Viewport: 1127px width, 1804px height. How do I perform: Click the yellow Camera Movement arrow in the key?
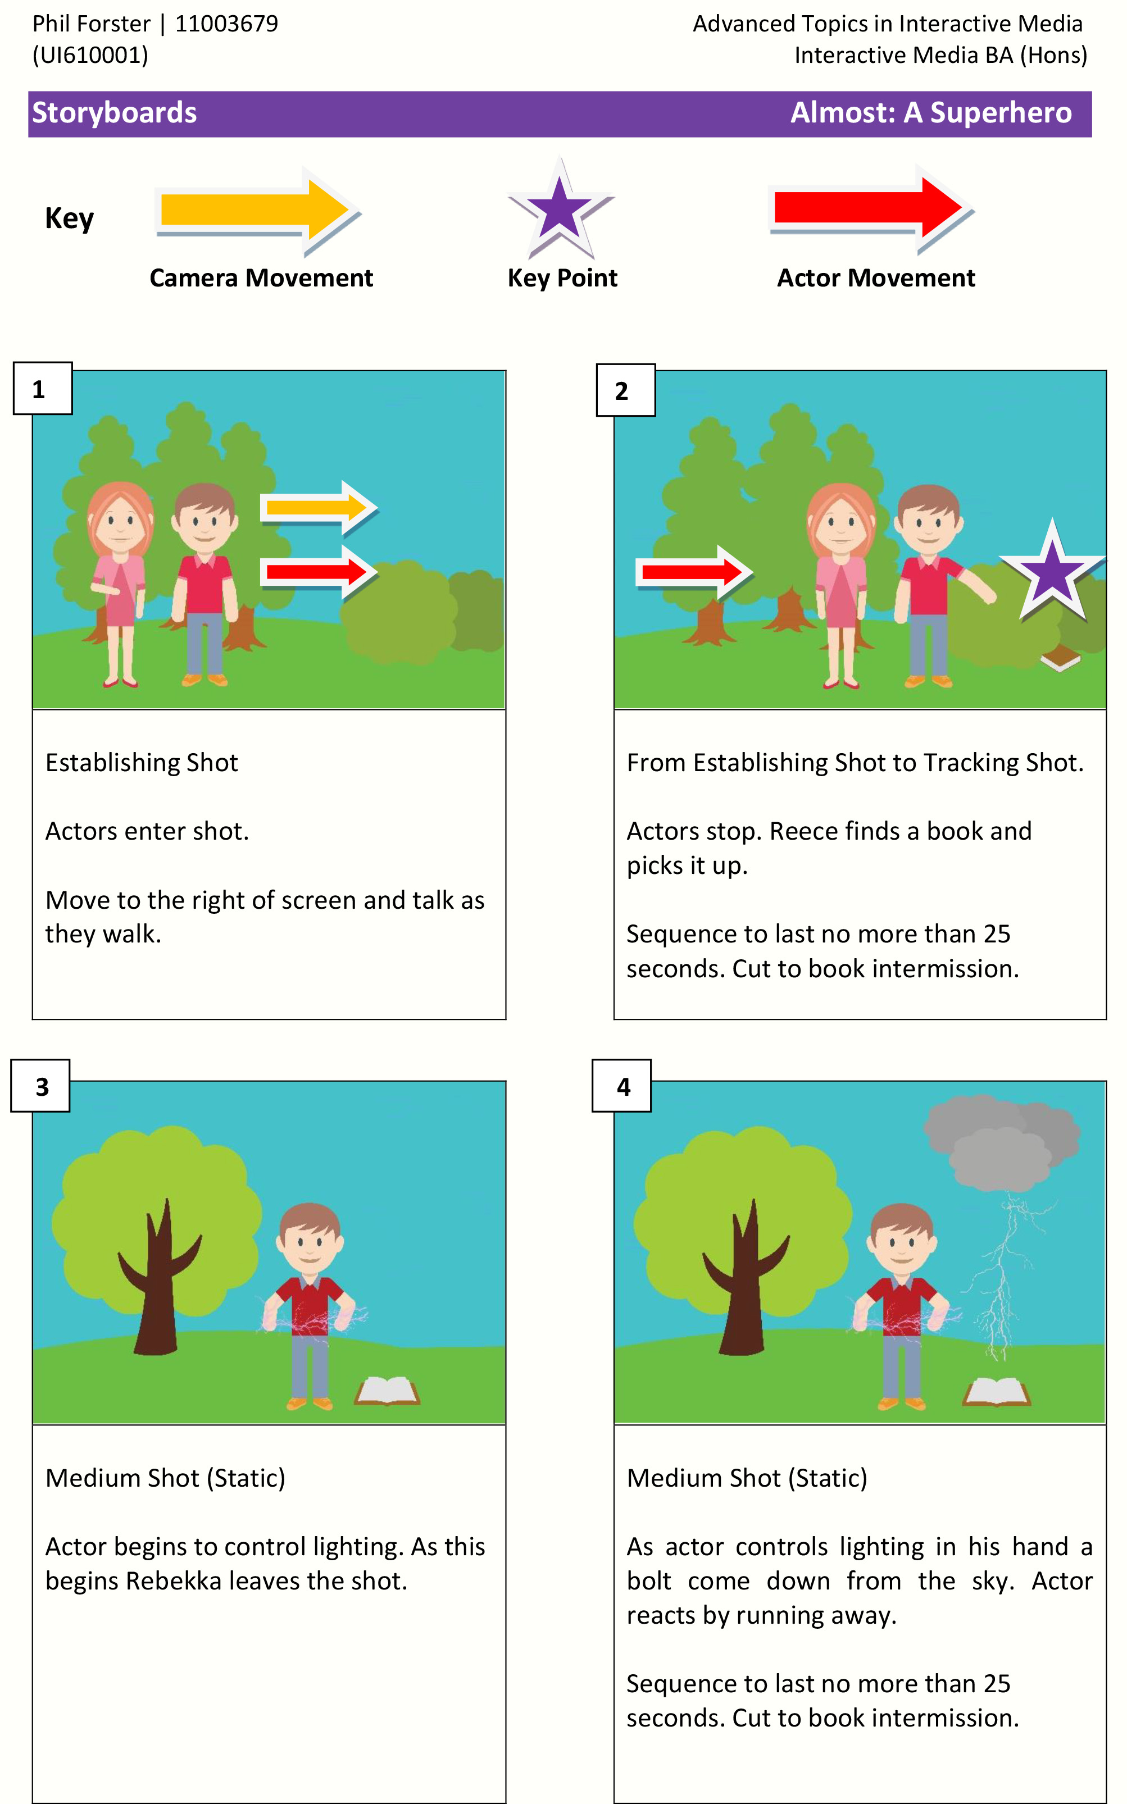(257, 211)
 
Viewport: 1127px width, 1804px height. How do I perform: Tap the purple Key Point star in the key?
(561, 208)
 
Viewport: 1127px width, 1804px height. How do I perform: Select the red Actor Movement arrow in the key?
(871, 208)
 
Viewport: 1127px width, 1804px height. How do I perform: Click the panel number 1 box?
(43, 388)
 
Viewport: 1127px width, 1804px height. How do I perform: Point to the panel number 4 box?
(621, 1086)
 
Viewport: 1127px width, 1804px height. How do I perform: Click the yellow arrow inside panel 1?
(319, 507)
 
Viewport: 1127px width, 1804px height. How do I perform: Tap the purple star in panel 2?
(1052, 570)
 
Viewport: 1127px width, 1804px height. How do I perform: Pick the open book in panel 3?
(388, 1390)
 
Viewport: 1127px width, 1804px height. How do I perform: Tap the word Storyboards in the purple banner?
(115, 112)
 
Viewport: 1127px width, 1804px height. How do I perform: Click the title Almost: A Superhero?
(931, 112)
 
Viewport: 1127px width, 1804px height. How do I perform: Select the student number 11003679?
(226, 24)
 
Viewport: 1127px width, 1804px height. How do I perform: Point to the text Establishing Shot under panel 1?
(142, 762)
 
